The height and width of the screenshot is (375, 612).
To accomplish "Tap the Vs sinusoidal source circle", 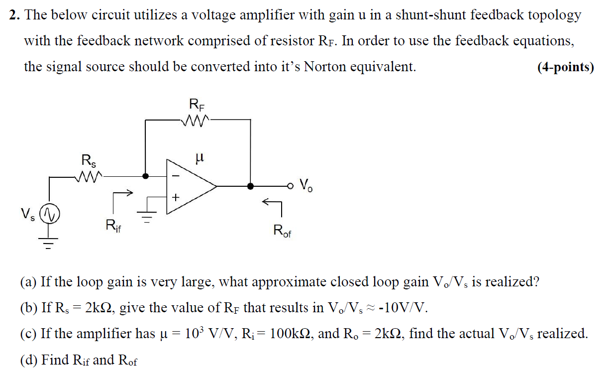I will pos(49,214).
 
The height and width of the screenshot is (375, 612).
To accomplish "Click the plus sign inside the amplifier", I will pos(175,198).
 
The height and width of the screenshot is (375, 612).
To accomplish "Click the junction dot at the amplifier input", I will pos(145,176).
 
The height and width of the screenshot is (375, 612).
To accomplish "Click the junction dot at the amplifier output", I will pos(250,186).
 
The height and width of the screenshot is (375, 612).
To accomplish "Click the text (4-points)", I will pos(566,67).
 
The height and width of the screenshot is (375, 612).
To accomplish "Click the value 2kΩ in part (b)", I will pos(99,307).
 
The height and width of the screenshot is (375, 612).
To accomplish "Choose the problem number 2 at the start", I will pos(13,15).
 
